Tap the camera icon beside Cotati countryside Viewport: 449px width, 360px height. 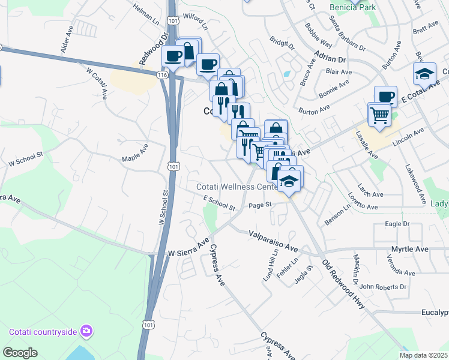point(87,331)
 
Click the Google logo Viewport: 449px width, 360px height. point(20,353)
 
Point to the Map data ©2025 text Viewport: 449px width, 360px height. point(423,355)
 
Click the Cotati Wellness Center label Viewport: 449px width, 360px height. point(238,187)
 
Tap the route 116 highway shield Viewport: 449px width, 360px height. point(161,75)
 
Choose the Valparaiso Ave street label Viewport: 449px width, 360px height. point(274,241)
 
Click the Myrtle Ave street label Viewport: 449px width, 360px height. point(410,248)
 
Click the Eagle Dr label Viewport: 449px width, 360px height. point(397,223)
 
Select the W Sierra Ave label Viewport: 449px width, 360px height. point(188,248)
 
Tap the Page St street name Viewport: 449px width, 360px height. point(261,205)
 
